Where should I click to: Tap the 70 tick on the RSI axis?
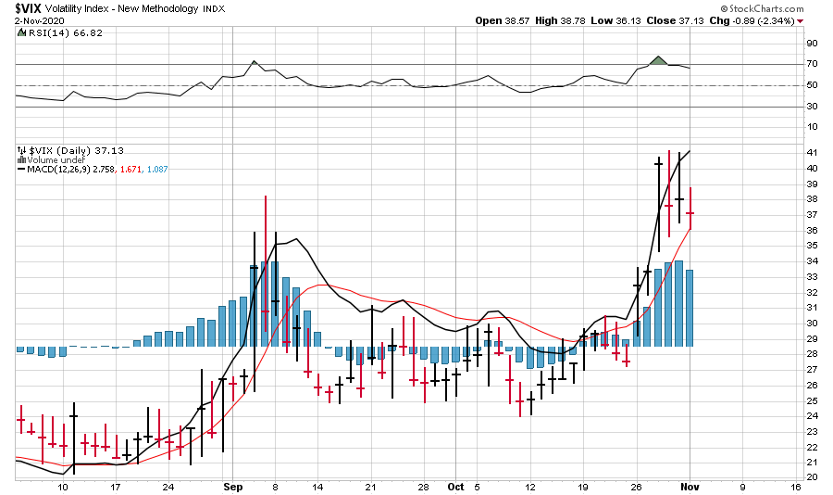tap(811, 64)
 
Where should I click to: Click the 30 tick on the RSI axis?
tap(811, 107)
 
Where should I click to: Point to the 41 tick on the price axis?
tap(811, 152)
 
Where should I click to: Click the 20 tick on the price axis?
tap(811, 476)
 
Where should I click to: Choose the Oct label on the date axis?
tap(455, 486)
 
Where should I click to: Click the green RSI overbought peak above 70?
tap(658, 61)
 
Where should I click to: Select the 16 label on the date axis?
tap(795, 486)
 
